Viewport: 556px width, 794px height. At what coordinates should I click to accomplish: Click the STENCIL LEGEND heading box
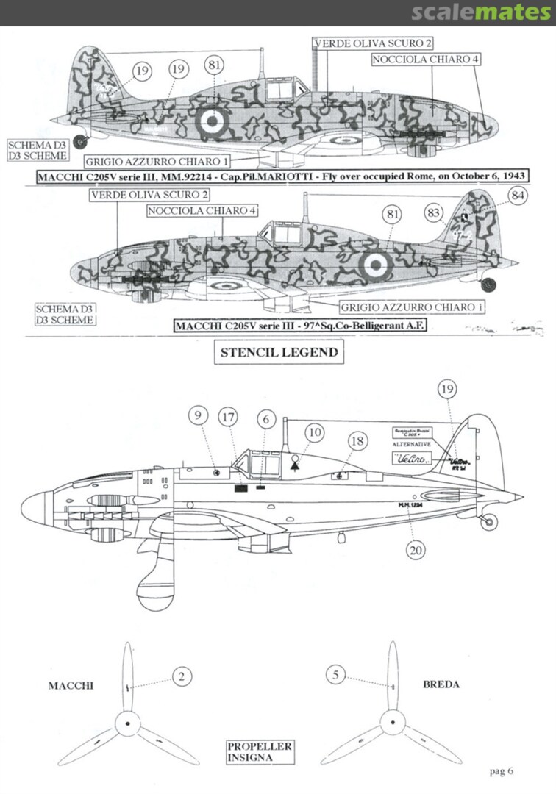click(x=279, y=352)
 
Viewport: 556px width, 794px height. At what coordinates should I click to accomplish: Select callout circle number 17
click(x=229, y=418)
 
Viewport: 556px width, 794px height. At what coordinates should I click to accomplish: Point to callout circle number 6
click(x=265, y=417)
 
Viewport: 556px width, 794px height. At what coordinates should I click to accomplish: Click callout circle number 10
click(x=314, y=432)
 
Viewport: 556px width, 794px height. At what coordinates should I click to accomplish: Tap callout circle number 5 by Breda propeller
click(x=335, y=674)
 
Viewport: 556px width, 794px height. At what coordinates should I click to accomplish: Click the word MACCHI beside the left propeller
click(x=72, y=685)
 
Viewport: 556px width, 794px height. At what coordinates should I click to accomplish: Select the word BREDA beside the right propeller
click(x=441, y=684)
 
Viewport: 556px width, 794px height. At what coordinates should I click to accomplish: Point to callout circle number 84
click(x=517, y=196)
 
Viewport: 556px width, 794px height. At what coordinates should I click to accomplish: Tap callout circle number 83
click(x=435, y=213)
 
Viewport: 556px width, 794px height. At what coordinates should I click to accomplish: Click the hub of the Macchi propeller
click(x=128, y=723)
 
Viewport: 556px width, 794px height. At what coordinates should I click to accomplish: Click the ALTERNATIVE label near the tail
click(x=408, y=446)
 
